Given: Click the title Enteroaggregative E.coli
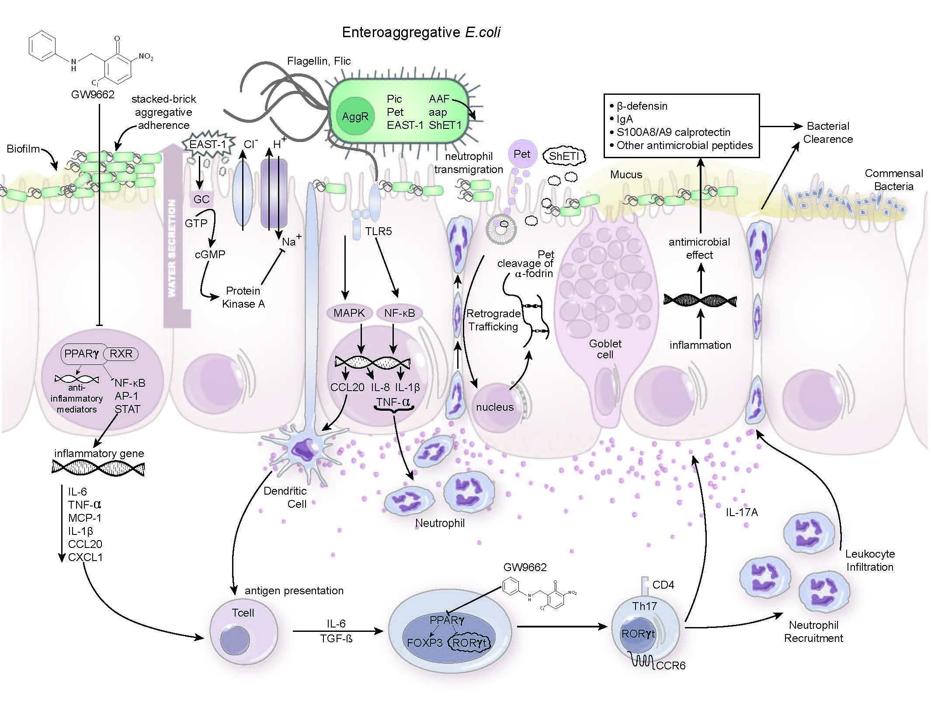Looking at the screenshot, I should (421, 32).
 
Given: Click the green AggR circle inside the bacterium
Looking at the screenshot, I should (355, 116).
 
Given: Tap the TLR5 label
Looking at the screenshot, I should (379, 231).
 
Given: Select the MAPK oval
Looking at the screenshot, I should (349, 313).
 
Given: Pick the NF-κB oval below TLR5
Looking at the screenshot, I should (399, 313).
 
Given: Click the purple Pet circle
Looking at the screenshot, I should (522, 154).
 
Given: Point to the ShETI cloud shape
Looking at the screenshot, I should (564, 156).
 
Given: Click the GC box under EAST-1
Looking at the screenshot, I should (201, 199).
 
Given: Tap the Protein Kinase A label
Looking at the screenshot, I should (243, 297).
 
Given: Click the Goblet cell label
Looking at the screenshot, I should (605, 349).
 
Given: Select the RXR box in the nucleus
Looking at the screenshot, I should (121, 354).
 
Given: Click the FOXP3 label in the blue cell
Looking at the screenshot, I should (424, 643).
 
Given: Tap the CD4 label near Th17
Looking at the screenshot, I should (663, 585).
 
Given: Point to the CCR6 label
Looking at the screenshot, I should (670, 666).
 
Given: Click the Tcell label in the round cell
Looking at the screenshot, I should (243, 613).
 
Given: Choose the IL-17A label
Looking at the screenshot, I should (742, 512).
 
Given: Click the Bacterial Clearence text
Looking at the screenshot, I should (828, 132).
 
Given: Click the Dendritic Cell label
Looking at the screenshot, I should (285, 497).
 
